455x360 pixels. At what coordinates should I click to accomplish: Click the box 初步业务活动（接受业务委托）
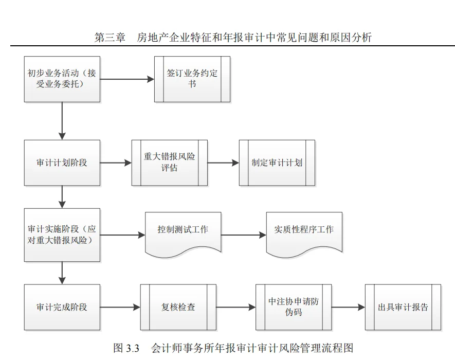[62, 79]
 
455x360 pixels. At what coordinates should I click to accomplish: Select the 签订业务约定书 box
[192, 79]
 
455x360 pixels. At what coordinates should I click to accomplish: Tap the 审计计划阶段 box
[62, 163]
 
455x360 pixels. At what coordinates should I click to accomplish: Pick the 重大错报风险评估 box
[170, 163]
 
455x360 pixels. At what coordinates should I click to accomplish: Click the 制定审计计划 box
[277, 163]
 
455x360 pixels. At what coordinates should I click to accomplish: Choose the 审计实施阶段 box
[62, 235]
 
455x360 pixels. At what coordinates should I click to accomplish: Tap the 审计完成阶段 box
[62, 307]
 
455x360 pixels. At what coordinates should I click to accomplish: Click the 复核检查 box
[178, 307]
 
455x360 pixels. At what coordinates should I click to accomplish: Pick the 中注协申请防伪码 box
[294, 307]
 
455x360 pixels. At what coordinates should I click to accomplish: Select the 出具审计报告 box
[403, 307]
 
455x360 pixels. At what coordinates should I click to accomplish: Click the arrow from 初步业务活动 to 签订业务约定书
[128, 79]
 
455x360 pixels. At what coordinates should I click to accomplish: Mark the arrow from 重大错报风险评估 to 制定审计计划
[223, 163]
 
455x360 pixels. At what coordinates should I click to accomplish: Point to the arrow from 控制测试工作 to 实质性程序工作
[244, 236]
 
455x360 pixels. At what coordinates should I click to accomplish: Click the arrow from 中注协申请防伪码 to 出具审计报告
[348, 308]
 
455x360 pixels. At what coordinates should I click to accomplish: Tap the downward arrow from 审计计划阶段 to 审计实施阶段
[62, 197]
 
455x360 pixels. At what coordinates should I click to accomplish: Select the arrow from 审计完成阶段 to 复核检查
[120, 308]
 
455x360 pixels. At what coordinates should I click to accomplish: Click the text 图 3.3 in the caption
[126, 348]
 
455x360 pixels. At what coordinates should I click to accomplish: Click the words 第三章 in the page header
[110, 38]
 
